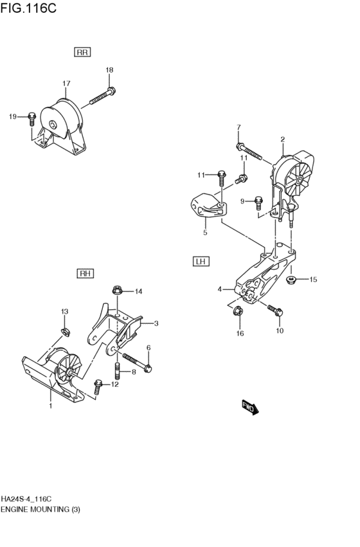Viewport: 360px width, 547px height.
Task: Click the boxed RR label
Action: click(83, 52)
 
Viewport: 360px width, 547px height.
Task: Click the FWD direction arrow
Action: click(249, 408)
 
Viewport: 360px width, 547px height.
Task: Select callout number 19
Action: click(12, 116)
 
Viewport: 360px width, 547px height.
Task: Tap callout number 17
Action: click(66, 84)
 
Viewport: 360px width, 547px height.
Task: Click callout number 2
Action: click(282, 139)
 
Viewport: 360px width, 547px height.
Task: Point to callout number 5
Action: click(205, 233)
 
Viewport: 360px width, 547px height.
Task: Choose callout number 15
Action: click(314, 279)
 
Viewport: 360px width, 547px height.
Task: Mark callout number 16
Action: click(240, 334)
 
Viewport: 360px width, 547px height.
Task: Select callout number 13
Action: click(64, 312)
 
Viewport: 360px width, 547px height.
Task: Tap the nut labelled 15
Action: click(291, 279)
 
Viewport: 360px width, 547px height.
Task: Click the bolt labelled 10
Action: click(274, 311)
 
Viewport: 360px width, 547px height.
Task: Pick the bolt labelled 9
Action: click(258, 202)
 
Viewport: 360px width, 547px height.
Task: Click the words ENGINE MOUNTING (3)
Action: click(40, 509)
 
